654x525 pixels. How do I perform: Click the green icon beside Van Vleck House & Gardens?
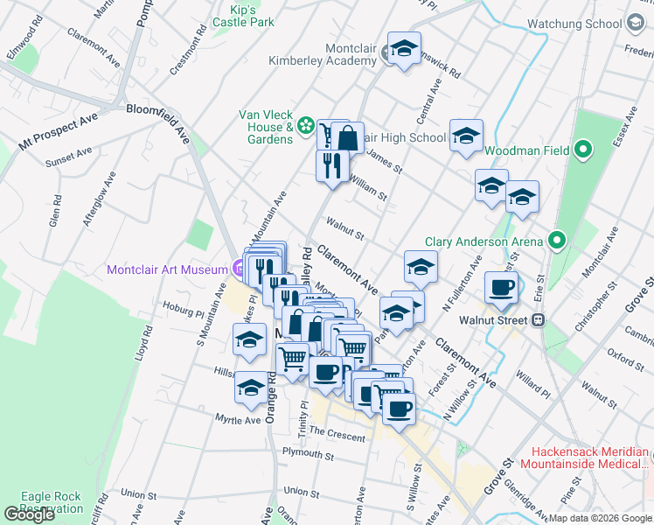306,127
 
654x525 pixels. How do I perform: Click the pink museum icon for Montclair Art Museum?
239,269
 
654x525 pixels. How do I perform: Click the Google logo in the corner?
29,514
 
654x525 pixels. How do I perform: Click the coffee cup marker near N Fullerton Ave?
502,290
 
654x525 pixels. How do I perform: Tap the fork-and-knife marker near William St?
331,165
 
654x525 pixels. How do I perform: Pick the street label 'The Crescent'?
336,432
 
